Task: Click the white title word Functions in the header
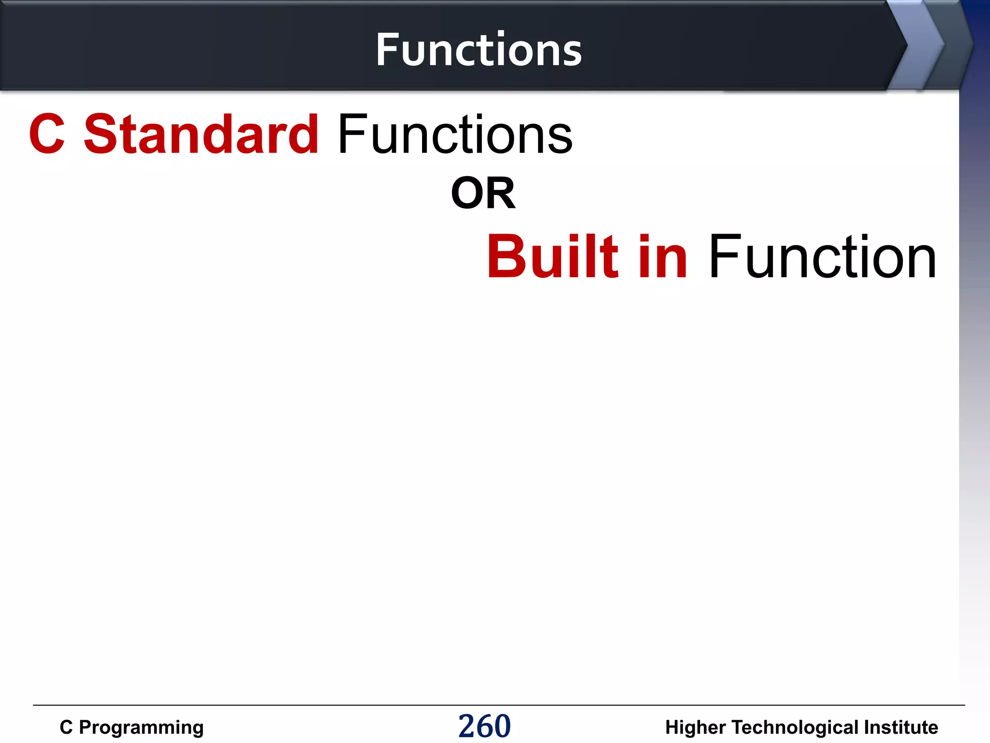click(479, 50)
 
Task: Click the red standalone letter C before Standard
click(47, 134)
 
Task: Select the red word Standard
click(201, 134)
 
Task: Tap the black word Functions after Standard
click(455, 134)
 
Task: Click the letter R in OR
click(500, 193)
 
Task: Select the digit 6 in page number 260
click(485, 726)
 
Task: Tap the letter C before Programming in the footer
click(66, 728)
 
